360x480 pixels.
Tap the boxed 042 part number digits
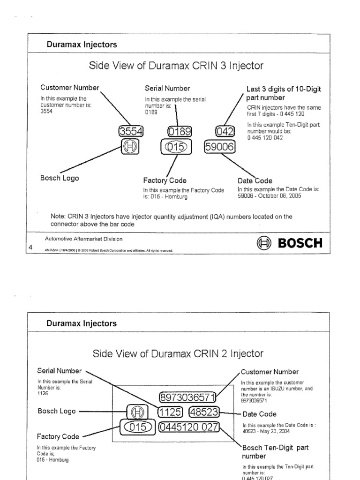pos(224,131)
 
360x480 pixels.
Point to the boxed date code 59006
pos(219,148)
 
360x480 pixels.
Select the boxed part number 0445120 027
pos(188,427)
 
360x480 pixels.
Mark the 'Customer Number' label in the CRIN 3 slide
pos(70,87)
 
